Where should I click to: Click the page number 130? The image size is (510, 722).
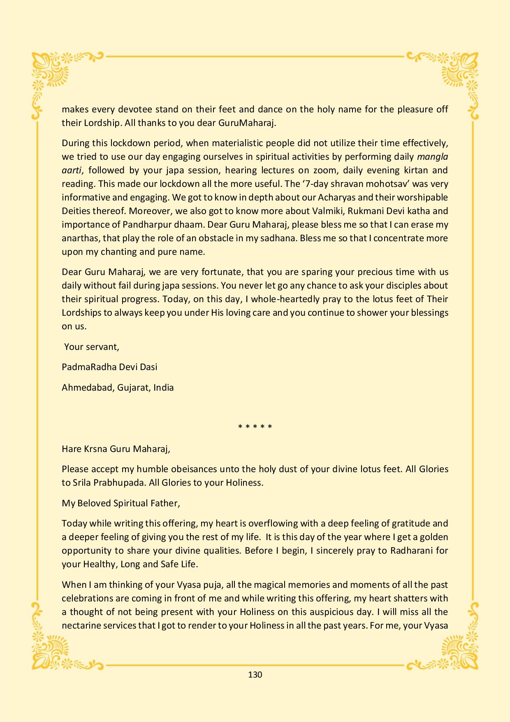(x=255, y=675)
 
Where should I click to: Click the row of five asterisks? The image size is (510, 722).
(x=255, y=426)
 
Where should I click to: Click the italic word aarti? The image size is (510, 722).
(x=72, y=170)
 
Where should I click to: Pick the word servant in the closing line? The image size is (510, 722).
(x=103, y=347)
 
